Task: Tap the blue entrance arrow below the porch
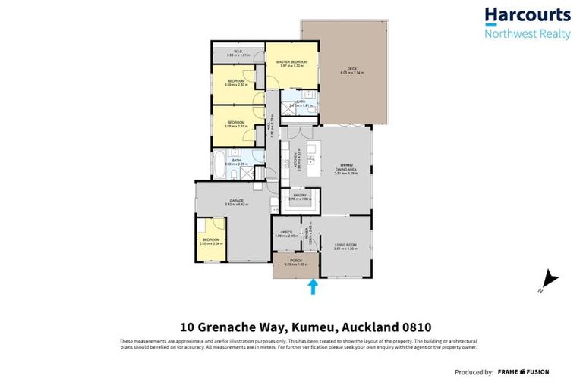pyautogui.click(x=313, y=286)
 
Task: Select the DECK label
pyautogui.click(x=352, y=69)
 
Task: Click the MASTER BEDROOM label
pyautogui.click(x=291, y=61)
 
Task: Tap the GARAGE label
pyautogui.click(x=232, y=201)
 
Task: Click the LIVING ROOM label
pyautogui.click(x=345, y=245)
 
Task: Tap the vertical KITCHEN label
pyautogui.click(x=294, y=161)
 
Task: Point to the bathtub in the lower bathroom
pyautogui.click(x=219, y=164)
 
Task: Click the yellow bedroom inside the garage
pyautogui.click(x=210, y=239)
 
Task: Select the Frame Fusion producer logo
pyautogui.click(x=522, y=372)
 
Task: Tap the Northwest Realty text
pyautogui.click(x=528, y=33)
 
